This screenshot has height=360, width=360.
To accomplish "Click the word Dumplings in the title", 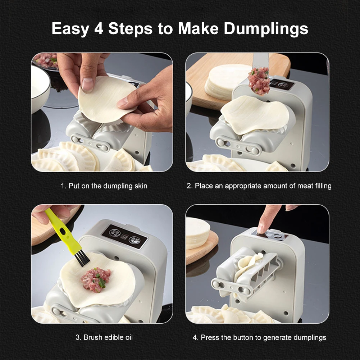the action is click(x=266, y=29).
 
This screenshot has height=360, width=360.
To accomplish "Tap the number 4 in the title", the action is click(x=99, y=28).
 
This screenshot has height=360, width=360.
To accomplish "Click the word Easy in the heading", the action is click(x=70, y=29).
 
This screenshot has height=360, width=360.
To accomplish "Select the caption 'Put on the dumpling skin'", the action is click(x=108, y=186).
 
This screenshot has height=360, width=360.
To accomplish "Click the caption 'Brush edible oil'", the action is click(x=108, y=337).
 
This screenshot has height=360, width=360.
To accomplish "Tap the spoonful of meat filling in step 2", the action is click(x=259, y=81).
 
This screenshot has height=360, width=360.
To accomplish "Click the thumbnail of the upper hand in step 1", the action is click(x=87, y=84).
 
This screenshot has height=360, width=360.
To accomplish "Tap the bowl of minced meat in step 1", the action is click(x=45, y=61).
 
